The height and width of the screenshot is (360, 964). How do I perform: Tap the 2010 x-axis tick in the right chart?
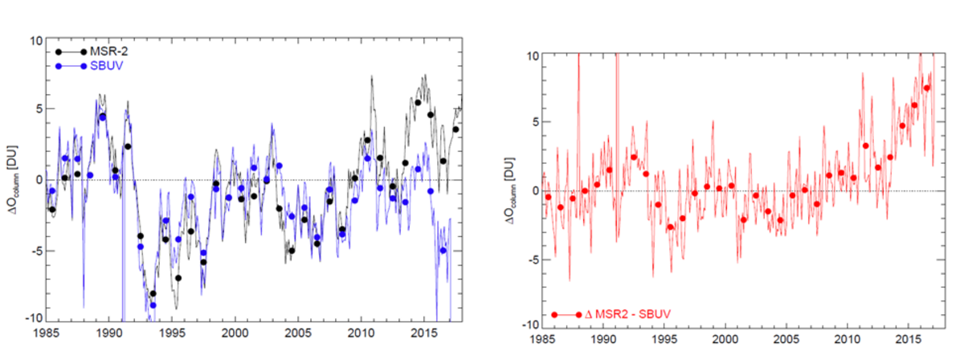pos(848,337)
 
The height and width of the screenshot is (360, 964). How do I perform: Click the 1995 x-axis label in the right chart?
pos(664,337)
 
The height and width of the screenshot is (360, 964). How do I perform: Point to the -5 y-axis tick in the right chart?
pos(530,257)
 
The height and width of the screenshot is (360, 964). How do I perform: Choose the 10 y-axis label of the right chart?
pos(530,55)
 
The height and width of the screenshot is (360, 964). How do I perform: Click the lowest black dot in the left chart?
pos(153,293)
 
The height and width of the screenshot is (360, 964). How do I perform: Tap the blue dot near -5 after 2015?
pos(443,251)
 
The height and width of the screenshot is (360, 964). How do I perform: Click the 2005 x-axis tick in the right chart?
pos(786,337)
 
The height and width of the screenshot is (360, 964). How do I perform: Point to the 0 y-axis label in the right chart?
pos(533,190)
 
